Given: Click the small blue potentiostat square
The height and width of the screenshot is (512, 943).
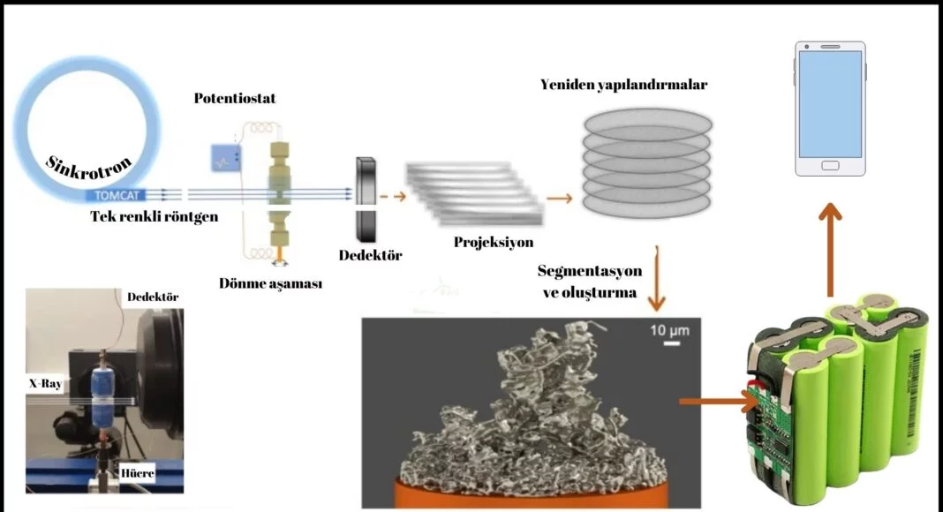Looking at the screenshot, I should (x=224, y=158).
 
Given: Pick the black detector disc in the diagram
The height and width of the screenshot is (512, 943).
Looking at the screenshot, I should (x=366, y=200).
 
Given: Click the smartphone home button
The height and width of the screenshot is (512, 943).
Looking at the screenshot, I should (x=831, y=166).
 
